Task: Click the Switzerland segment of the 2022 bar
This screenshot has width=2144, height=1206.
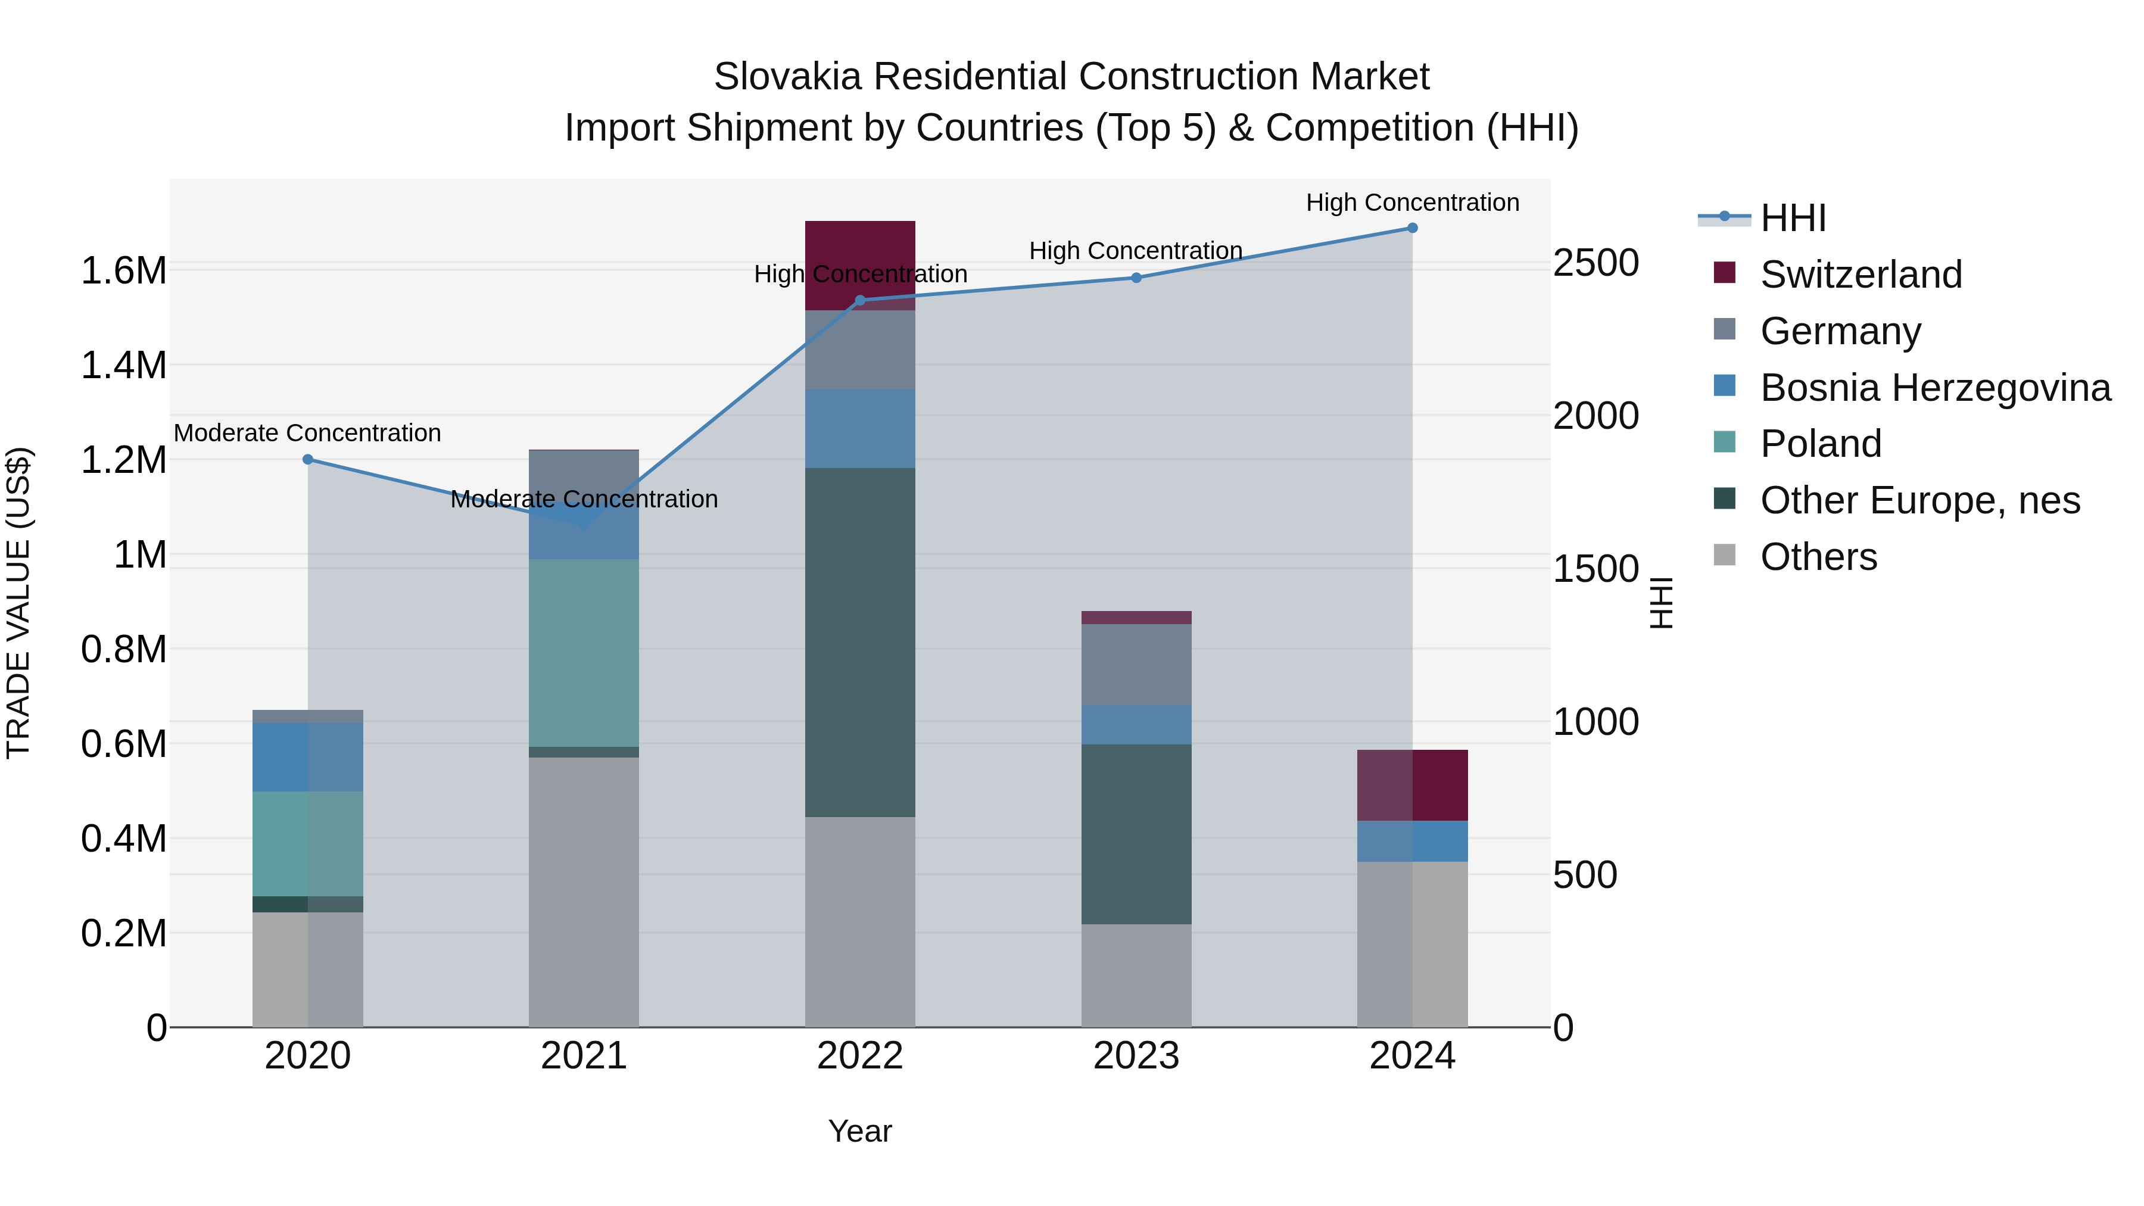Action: (x=860, y=250)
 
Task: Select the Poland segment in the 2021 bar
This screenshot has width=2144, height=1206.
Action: (x=584, y=653)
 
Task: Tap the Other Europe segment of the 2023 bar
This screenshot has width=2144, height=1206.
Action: (x=1136, y=833)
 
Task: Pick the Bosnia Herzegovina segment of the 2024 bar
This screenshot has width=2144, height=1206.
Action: (x=1413, y=840)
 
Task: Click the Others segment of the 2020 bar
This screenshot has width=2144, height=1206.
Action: (x=307, y=969)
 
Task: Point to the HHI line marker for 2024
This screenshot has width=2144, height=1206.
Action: (x=1413, y=228)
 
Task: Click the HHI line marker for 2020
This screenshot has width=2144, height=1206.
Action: (x=307, y=459)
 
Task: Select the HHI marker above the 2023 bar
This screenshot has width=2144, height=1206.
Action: (x=1136, y=278)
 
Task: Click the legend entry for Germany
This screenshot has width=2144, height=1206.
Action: (x=1840, y=331)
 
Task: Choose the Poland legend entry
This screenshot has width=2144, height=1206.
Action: (x=1820, y=444)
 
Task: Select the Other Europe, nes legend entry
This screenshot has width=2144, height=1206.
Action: (x=1919, y=500)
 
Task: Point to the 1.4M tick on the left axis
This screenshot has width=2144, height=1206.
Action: (x=123, y=366)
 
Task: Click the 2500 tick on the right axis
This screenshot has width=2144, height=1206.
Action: (x=1595, y=263)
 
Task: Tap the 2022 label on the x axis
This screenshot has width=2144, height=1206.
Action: (x=860, y=1056)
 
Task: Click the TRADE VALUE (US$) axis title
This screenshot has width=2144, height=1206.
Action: (x=18, y=603)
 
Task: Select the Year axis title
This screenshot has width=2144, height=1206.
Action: (x=860, y=1131)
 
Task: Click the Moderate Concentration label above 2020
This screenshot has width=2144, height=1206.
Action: (x=307, y=433)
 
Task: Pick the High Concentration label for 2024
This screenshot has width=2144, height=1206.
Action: (x=1413, y=202)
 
